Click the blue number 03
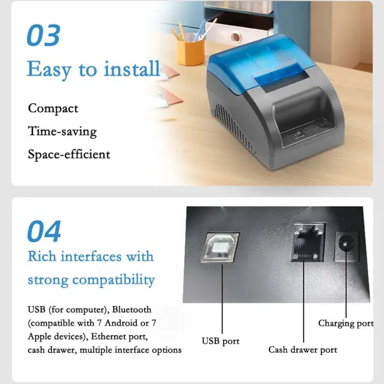pyautogui.click(x=44, y=35)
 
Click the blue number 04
pyautogui.click(x=44, y=231)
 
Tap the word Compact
pyautogui.click(x=53, y=109)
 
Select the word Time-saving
pyautogui.click(x=62, y=131)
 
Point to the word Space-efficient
pyautogui.click(x=69, y=154)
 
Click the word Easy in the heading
pyautogui.click(x=49, y=70)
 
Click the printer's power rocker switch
pyautogui.click(x=298, y=134)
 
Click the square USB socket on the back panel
pyautogui.click(x=220, y=247)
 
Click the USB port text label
pyautogui.click(x=221, y=341)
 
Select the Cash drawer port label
pyautogui.click(x=302, y=350)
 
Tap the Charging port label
pyautogui.click(x=346, y=323)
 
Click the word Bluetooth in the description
pyautogui.click(x=132, y=310)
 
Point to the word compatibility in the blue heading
pyautogui.click(x=113, y=280)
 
